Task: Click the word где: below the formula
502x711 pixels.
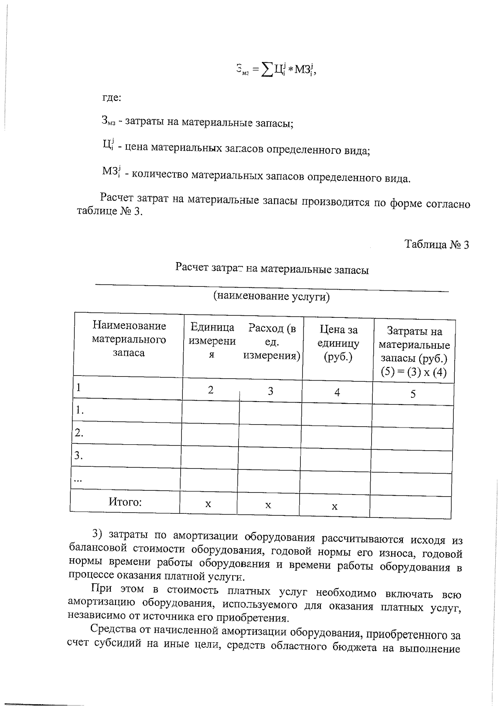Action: pos(112,98)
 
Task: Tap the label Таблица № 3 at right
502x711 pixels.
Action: pos(436,245)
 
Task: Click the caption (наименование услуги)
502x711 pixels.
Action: pos(271,297)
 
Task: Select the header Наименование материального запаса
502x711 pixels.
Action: pos(129,339)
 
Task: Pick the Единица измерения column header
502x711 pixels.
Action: pos(212,341)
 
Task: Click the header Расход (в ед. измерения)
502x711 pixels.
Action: pos(272,342)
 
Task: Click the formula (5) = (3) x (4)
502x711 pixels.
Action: pos(414,372)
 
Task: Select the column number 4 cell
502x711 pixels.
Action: pos(337,392)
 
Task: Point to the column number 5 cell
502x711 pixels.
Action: pos(413,394)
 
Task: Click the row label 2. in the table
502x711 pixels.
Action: pos(79,433)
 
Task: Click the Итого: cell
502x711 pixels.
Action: pos(125,502)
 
